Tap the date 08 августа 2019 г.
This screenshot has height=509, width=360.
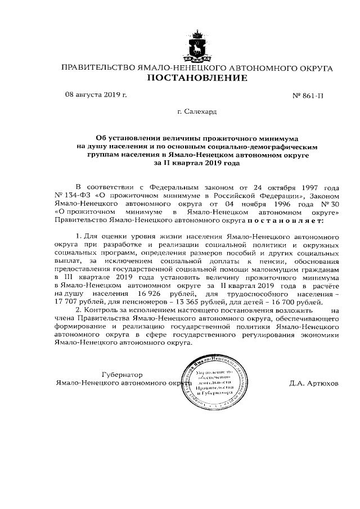[x=96, y=94]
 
